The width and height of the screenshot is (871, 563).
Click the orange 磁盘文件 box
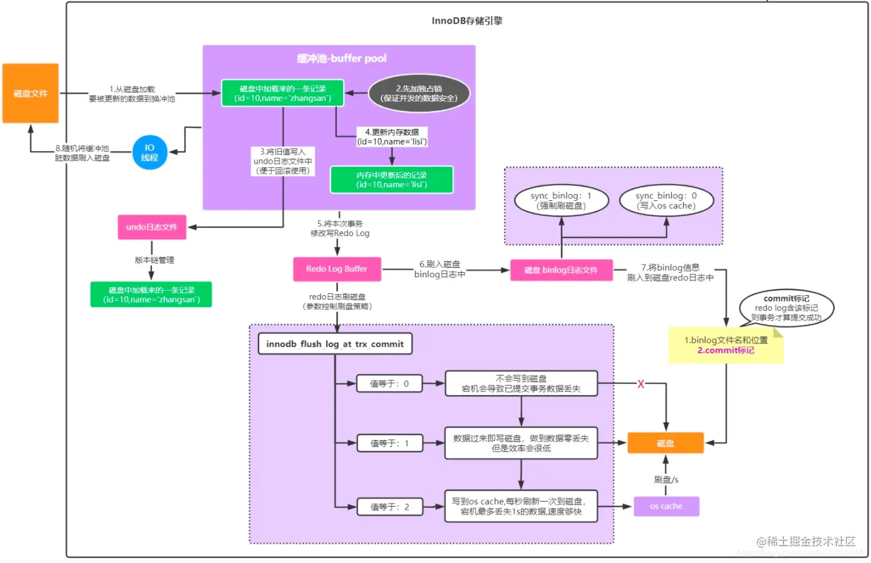pyautogui.click(x=30, y=93)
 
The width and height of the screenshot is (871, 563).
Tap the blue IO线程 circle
pyautogui.click(x=150, y=153)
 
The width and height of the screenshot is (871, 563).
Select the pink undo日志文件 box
pyautogui.click(x=152, y=227)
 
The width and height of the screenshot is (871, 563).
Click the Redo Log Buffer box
pyautogui.click(x=337, y=269)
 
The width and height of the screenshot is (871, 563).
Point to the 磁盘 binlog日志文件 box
pyautogui.click(x=561, y=270)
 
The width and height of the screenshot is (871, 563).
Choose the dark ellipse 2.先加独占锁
pyautogui.click(x=419, y=94)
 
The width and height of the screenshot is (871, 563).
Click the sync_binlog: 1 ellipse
pyautogui.click(x=561, y=200)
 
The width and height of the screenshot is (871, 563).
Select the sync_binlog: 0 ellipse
pyautogui.click(x=666, y=200)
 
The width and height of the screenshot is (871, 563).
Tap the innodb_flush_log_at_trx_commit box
pyautogui.click(x=335, y=344)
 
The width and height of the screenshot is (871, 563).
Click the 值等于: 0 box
pyautogui.click(x=390, y=384)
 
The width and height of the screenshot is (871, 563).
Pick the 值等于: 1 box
pyautogui.click(x=390, y=443)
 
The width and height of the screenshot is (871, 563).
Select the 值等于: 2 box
pyautogui.click(x=390, y=507)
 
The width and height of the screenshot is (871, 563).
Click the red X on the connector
pyautogui.click(x=641, y=384)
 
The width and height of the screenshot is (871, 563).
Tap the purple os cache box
pyautogui.click(x=666, y=506)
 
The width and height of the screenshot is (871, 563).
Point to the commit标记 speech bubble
pyautogui.click(x=786, y=308)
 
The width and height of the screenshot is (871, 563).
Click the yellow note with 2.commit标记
pyautogui.click(x=726, y=345)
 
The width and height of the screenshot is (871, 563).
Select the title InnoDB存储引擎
pyautogui.click(x=467, y=20)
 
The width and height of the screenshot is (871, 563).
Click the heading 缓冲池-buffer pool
pyautogui.click(x=342, y=58)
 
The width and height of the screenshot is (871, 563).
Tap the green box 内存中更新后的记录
pyautogui.click(x=391, y=180)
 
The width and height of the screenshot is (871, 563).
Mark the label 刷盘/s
pyautogui.click(x=666, y=479)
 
